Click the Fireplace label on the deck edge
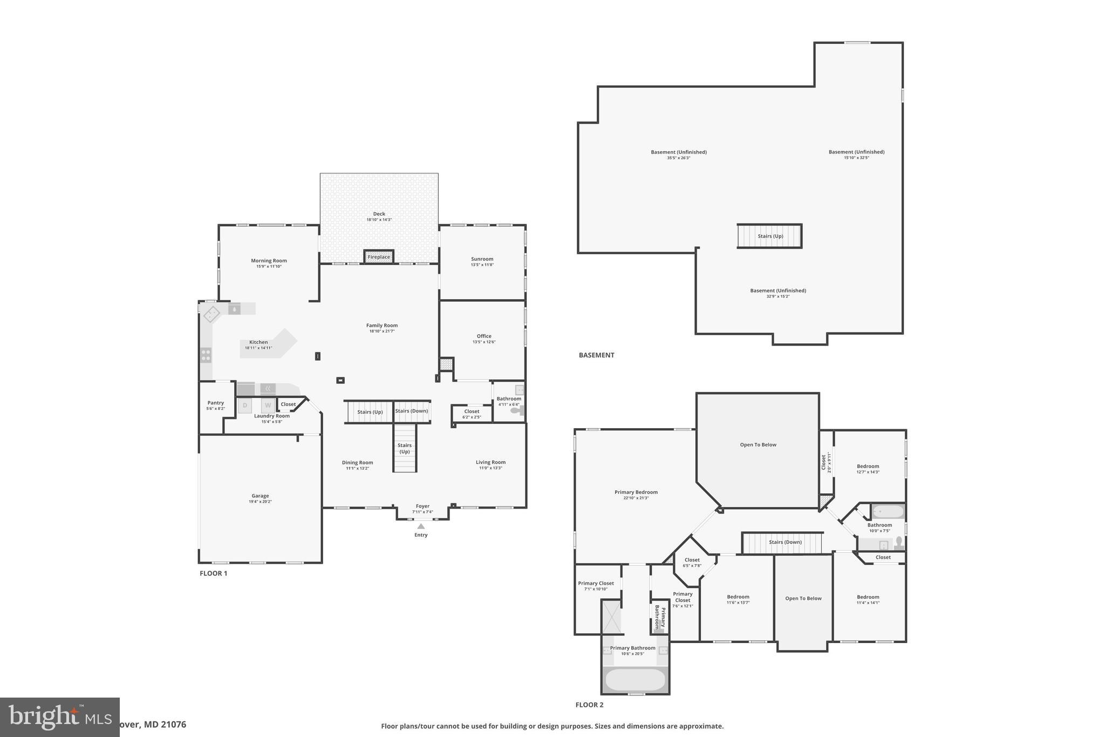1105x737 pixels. (379, 257)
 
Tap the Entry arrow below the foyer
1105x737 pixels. (421, 526)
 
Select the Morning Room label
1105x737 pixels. (269, 261)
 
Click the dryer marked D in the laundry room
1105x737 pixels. (245, 405)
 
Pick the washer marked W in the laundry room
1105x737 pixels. (268, 405)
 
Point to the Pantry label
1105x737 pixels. (215, 403)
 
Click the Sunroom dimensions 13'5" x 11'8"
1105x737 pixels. (482, 265)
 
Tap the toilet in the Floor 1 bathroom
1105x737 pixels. (517, 410)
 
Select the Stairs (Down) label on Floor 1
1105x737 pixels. (412, 411)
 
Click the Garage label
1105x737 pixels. (260, 496)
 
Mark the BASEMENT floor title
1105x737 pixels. (596, 355)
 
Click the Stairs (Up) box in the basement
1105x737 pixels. (770, 236)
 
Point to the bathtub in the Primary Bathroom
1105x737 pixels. (635, 679)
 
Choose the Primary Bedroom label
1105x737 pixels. (636, 492)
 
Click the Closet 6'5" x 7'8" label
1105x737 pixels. (692, 560)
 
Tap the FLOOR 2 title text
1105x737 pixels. (589, 705)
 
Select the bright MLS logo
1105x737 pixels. (59, 717)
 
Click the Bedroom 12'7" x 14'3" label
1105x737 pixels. (868, 466)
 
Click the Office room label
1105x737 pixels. (483, 336)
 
